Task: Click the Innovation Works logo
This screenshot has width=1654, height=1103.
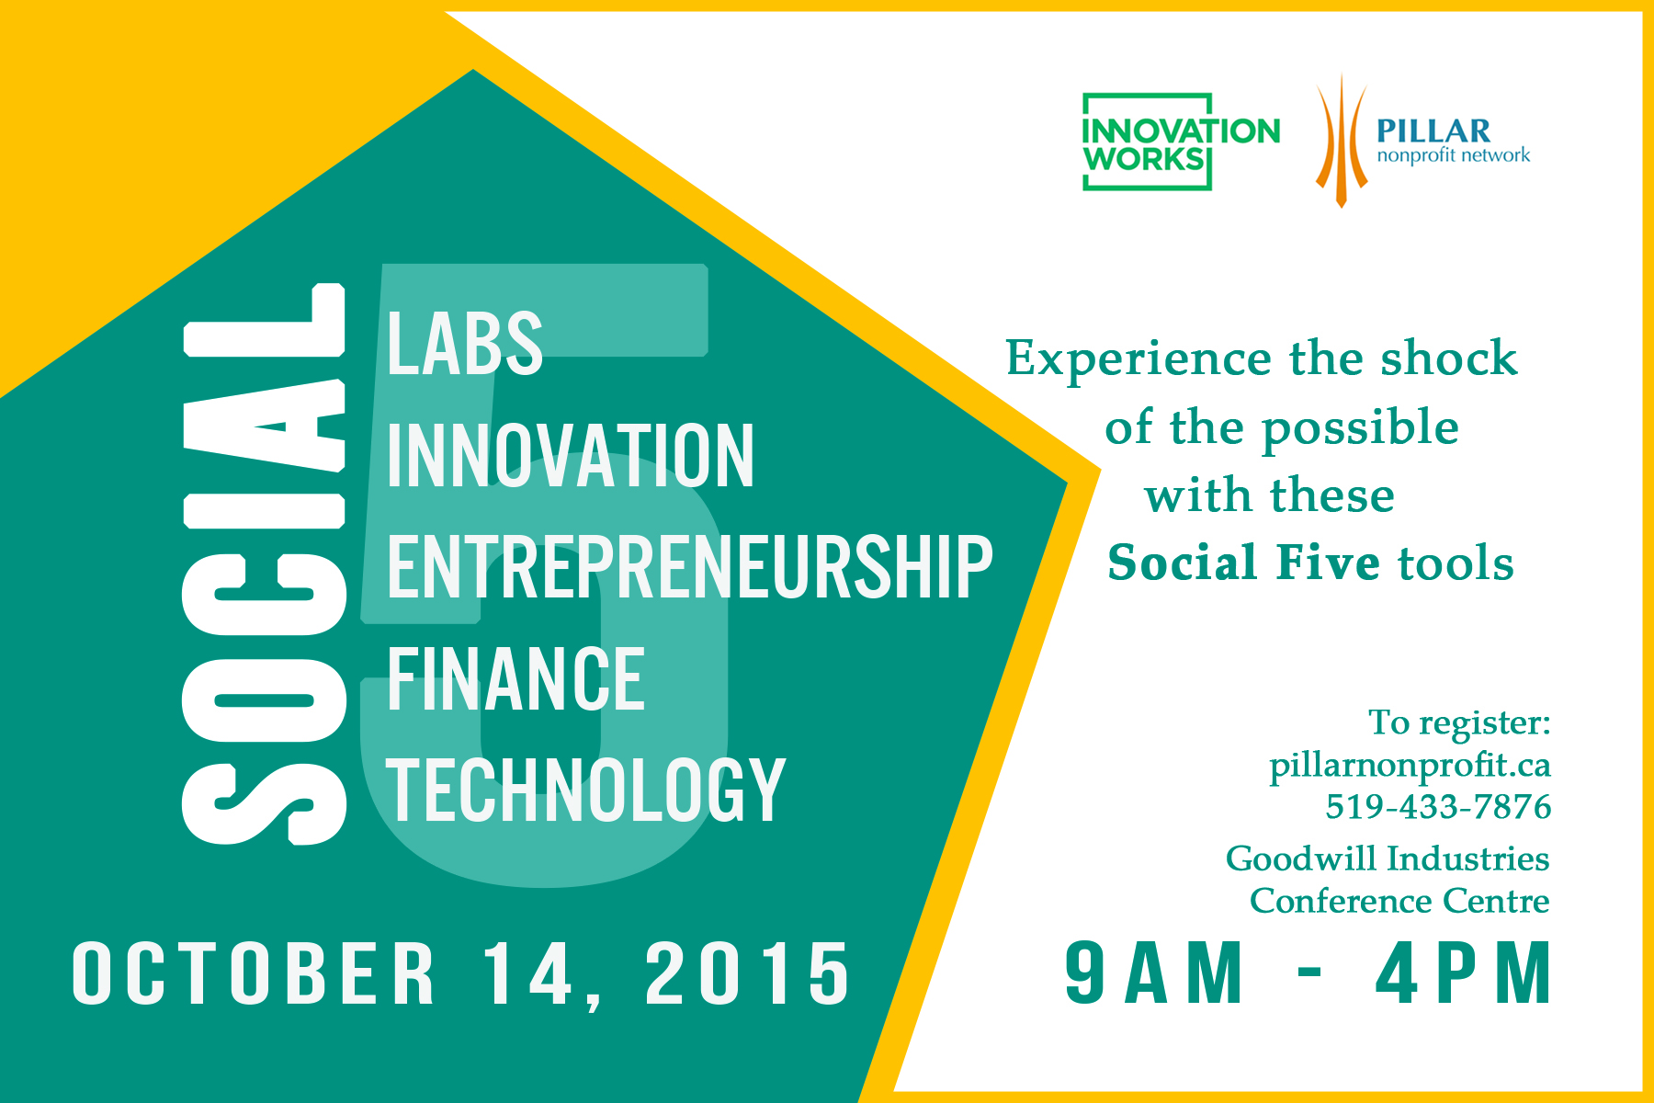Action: (1181, 142)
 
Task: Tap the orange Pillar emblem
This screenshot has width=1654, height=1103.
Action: (1342, 141)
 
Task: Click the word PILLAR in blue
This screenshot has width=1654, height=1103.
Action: (1433, 131)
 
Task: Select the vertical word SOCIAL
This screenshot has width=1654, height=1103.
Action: (265, 563)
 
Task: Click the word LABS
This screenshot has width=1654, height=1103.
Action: (465, 343)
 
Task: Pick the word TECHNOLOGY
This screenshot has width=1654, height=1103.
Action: (586, 790)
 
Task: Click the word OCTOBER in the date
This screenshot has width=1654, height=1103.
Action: (254, 973)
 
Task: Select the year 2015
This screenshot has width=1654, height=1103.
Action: (748, 973)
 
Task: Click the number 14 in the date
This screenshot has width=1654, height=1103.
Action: (529, 973)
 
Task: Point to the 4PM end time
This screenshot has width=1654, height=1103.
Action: (1464, 972)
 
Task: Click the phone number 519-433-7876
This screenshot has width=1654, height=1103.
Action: (1438, 807)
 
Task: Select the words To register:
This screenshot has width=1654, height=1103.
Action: (1459, 723)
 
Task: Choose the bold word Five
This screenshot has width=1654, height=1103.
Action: (1329, 563)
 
